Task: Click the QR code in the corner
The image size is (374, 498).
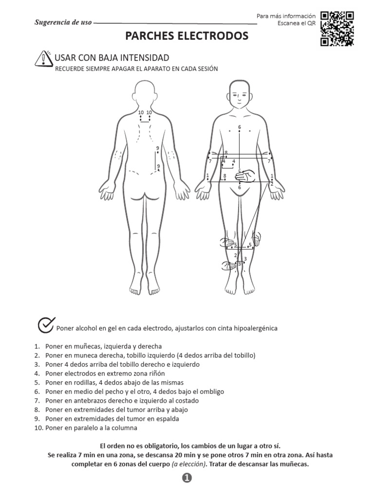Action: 337,28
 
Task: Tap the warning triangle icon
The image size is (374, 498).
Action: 44,58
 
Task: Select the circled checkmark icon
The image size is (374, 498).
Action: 46,325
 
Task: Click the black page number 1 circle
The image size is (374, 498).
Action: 187,479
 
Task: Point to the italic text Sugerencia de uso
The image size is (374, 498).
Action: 63,22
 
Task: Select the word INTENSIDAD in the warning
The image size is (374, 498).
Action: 144,58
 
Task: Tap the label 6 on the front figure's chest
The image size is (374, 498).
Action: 239,127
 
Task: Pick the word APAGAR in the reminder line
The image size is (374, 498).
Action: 124,69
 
